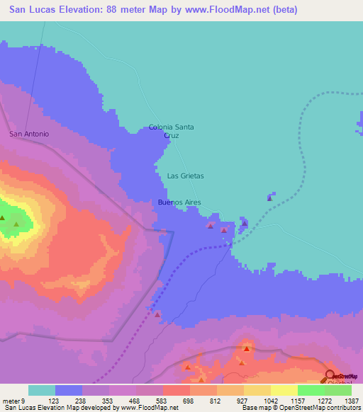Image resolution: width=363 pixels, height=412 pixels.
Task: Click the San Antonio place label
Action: (x=28, y=134)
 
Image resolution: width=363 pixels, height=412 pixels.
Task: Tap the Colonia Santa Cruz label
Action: (x=171, y=131)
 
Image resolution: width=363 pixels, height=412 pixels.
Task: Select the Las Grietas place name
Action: (x=185, y=175)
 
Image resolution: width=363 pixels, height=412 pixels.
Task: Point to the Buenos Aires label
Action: (x=179, y=202)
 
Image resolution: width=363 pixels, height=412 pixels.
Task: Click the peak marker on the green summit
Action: (x=15, y=225)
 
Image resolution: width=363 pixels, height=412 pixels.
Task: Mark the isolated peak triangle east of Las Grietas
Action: (x=269, y=198)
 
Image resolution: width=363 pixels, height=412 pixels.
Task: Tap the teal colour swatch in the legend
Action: (x=41, y=390)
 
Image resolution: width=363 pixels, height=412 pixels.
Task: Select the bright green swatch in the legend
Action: (x=311, y=390)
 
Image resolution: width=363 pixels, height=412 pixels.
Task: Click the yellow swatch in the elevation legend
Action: (x=284, y=390)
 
